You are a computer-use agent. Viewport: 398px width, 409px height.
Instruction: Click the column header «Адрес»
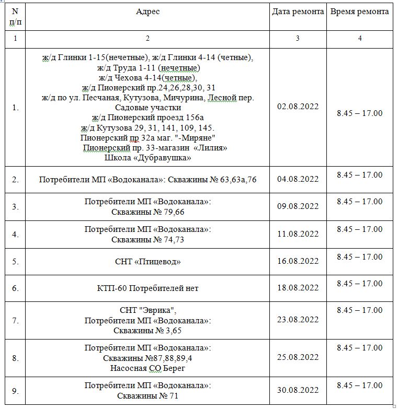[x=147, y=11]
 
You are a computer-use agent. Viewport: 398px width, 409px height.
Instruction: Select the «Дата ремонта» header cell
[x=298, y=11]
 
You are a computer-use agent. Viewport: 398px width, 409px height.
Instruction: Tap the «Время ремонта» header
[x=359, y=11]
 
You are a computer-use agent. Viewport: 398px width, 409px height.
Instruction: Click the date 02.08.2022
[x=298, y=107]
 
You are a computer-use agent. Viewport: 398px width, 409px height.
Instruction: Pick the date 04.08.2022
[x=298, y=179]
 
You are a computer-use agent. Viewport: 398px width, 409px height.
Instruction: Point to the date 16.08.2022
[x=298, y=261]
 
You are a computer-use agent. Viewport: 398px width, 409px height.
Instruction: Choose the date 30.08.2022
[x=298, y=390]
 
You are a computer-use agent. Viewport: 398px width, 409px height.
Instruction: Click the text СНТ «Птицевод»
[x=147, y=261]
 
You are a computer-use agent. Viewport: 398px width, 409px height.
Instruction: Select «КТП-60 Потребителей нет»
[x=147, y=288]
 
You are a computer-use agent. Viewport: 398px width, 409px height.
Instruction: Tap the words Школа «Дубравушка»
[x=147, y=157]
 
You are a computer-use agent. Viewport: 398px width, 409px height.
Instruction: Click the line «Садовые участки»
[x=147, y=108]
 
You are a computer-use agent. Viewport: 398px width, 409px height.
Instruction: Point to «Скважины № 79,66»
[x=147, y=212]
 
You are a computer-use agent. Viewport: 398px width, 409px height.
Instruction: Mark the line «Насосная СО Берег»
[x=147, y=368]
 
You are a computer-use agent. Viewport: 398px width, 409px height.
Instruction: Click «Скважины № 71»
[x=147, y=396]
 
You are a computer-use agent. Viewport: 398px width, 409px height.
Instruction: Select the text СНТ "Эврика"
[x=147, y=310]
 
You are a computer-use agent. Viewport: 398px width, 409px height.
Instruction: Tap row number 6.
[x=15, y=288]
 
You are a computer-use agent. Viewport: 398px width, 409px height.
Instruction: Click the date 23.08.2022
[x=298, y=320]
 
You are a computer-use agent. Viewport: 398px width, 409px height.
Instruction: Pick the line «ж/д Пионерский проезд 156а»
[x=147, y=118]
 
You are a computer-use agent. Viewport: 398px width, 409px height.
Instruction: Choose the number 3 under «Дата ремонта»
[x=298, y=39]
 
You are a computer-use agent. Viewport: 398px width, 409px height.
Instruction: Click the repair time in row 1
[x=359, y=113]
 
